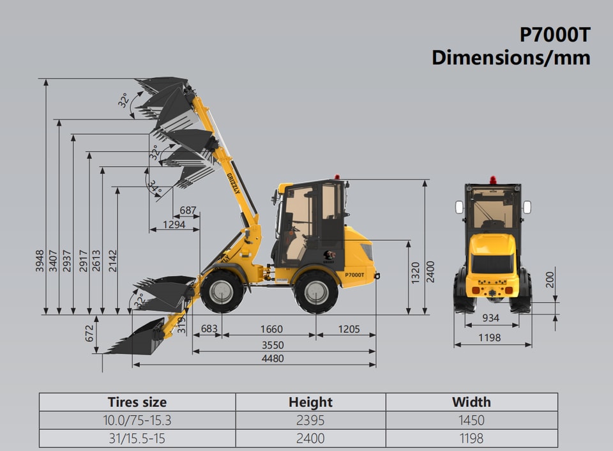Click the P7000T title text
point(554,34)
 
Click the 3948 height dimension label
point(40,261)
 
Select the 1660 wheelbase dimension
point(271,329)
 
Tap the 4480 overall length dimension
point(273,358)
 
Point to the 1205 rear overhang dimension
point(349,329)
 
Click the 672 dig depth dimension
point(89,333)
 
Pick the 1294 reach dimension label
point(174,224)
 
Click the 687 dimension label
point(188,210)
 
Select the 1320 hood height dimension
point(415,273)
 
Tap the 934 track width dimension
point(490,318)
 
